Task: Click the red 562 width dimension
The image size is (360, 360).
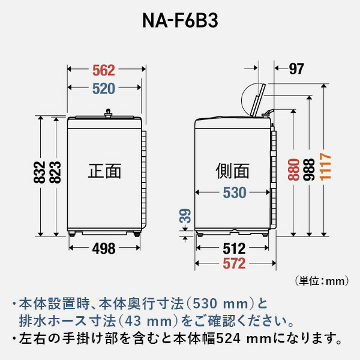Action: (104, 69)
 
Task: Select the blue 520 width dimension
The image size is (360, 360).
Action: (104, 88)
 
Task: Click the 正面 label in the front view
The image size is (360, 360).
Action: (104, 172)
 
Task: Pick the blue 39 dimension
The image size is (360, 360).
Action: (186, 219)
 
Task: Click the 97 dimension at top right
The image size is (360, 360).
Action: (296, 69)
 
